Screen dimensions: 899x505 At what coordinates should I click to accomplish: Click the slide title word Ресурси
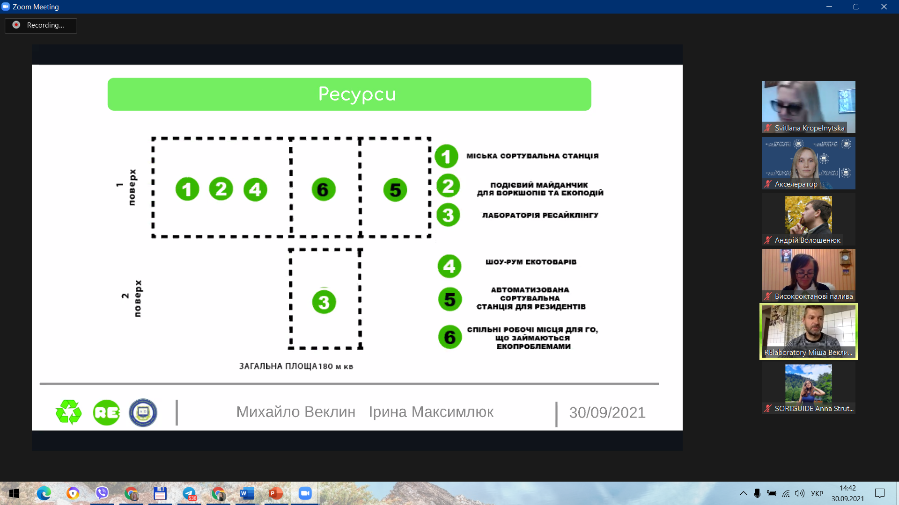pyautogui.click(x=357, y=94)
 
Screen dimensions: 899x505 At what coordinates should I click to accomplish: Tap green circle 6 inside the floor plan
pyautogui.click(x=324, y=189)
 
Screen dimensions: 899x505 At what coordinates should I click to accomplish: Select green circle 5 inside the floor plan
pyautogui.click(x=395, y=190)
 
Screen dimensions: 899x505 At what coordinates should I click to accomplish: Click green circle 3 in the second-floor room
pyautogui.click(x=324, y=302)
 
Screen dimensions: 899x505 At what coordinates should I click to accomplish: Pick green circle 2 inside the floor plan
pyautogui.click(x=221, y=189)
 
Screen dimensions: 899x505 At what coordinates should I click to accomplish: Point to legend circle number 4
pyautogui.click(x=449, y=266)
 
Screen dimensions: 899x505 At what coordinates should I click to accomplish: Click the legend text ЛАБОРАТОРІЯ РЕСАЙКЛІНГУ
pyautogui.click(x=540, y=215)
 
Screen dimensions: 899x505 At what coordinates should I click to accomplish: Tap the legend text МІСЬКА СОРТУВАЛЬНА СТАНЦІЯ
pyautogui.click(x=532, y=156)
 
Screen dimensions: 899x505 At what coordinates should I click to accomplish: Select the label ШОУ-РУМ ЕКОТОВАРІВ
pyautogui.click(x=531, y=262)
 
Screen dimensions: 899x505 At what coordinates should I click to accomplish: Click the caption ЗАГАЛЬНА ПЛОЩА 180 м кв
pyautogui.click(x=296, y=366)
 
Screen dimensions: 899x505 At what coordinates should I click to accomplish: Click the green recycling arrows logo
pyautogui.click(x=69, y=412)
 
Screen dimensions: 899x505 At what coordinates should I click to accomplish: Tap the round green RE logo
pyautogui.click(x=106, y=412)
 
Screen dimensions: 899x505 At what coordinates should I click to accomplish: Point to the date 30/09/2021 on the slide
pyautogui.click(x=607, y=412)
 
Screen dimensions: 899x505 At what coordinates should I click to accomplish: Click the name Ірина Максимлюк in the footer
pyautogui.click(x=431, y=412)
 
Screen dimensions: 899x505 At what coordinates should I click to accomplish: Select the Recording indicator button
pyautogui.click(x=41, y=25)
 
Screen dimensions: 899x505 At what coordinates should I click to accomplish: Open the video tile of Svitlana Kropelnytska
pyautogui.click(x=809, y=107)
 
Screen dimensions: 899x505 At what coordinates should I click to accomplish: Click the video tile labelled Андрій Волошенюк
pyautogui.click(x=809, y=219)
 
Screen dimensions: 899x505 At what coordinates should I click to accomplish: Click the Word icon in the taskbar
pyautogui.click(x=247, y=493)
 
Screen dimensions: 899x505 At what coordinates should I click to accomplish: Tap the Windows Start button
pyautogui.click(x=14, y=493)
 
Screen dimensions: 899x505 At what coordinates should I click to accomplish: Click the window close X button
pyautogui.click(x=884, y=7)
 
